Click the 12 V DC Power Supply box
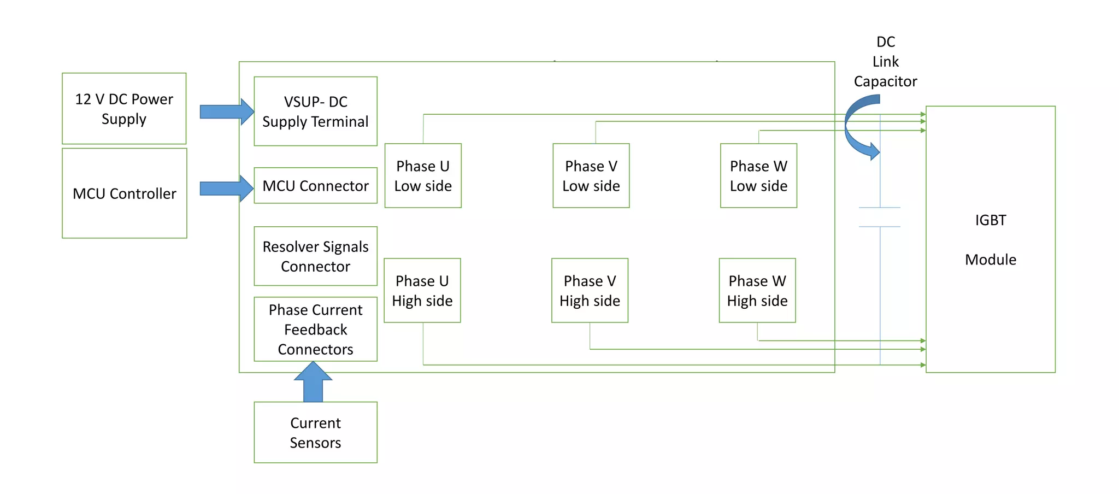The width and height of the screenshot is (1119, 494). [124, 109]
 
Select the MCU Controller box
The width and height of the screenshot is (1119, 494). [124, 193]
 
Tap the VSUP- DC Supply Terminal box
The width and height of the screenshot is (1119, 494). [315, 111]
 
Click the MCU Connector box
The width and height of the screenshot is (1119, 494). [315, 186]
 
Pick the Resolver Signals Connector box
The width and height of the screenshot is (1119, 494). [315, 256]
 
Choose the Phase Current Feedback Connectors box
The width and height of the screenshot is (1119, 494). [315, 330]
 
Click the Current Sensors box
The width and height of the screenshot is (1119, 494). [315, 433]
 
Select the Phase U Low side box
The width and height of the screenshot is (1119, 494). [423, 176]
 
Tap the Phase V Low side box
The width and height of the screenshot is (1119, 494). [591, 176]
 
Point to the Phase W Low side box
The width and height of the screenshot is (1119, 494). [758, 176]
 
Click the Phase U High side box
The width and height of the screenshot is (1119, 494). [422, 291]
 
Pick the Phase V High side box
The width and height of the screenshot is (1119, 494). [590, 291]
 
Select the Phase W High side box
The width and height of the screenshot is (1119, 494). [757, 291]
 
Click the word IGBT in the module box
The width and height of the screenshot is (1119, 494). [990, 220]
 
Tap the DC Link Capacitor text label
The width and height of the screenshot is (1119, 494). [885, 62]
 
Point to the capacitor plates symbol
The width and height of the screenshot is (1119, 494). [880, 217]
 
